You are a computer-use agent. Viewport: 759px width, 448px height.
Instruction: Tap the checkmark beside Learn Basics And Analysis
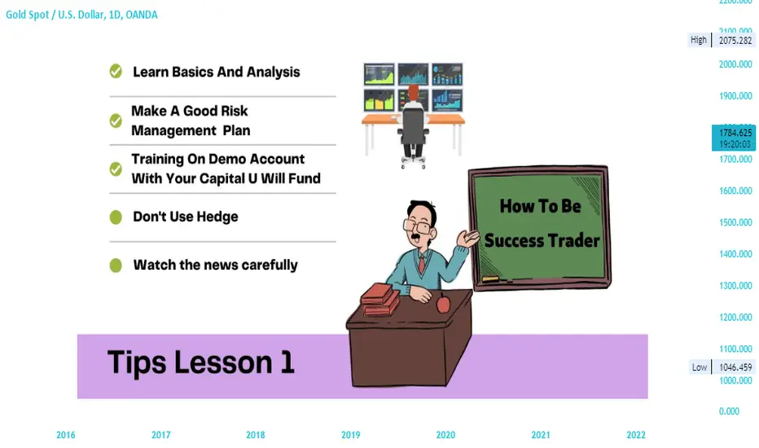[116, 71]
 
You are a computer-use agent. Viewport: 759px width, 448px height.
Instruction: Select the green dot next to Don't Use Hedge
[116, 217]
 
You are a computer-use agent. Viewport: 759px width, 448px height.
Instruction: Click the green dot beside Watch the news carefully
[116, 266]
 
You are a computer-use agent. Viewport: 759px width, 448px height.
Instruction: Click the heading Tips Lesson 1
[201, 362]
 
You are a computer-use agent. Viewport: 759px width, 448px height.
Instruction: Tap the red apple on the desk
[443, 303]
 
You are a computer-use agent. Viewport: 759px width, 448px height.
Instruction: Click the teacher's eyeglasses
[417, 226]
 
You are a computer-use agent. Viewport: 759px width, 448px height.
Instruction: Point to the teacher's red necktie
[422, 265]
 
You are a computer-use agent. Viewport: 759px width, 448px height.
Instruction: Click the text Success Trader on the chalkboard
[542, 241]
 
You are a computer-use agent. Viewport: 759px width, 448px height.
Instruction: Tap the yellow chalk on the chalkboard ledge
[490, 279]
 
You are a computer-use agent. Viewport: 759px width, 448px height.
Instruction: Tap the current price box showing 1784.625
[733, 138]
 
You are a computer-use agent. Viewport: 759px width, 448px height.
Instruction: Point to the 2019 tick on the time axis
[350, 435]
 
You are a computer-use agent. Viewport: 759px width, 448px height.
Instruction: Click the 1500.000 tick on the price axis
[735, 222]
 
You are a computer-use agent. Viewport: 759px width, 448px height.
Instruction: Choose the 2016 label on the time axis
[65, 435]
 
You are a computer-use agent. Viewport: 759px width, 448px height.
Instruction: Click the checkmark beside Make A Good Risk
[116, 120]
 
